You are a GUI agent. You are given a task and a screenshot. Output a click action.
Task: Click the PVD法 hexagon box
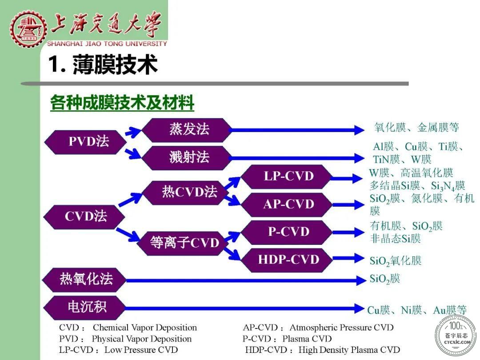pyautogui.click(x=85, y=142)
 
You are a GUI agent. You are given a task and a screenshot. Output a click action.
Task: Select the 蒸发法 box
pyautogui.click(x=187, y=129)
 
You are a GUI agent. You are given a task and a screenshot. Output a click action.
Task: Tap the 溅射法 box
pyautogui.click(x=187, y=158)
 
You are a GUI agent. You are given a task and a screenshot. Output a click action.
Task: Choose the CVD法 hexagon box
pyautogui.click(x=84, y=216)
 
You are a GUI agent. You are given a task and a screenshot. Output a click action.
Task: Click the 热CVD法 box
pyautogui.click(x=185, y=192)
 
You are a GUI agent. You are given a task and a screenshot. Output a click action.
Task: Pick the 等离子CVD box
pyautogui.click(x=183, y=243)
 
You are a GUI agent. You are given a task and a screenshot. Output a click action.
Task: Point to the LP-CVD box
pyautogui.click(x=287, y=176)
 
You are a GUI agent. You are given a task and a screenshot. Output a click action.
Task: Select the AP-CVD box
pyautogui.click(x=287, y=204)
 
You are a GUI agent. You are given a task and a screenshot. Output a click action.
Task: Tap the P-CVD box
pyautogui.click(x=287, y=232)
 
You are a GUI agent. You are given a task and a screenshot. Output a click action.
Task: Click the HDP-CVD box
pyautogui.click(x=287, y=260)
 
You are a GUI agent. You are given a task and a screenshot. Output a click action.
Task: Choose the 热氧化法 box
pyautogui.click(x=84, y=280)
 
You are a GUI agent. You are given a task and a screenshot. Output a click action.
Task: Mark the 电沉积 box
pyautogui.click(x=84, y=308)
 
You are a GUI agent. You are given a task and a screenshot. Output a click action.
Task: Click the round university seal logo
pyautogui.click(x=28, y=28)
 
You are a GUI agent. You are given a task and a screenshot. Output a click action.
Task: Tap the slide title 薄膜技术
pyautogui.click(x=115, y=64)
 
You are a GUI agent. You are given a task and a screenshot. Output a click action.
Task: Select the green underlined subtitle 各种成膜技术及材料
pyautogui.click(x=122, y=102)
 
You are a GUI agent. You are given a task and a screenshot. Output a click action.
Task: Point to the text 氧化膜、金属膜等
pyautogui.click(x=416, y=127)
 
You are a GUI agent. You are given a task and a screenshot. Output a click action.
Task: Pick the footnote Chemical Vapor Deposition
pyautogui.click(x=145, y=328)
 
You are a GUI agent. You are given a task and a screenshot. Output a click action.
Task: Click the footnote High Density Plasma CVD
pyautogui.click(x=349, y=350)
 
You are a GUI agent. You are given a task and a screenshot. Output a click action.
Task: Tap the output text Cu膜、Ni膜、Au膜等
pyautogui.click(x=417, y=310)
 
